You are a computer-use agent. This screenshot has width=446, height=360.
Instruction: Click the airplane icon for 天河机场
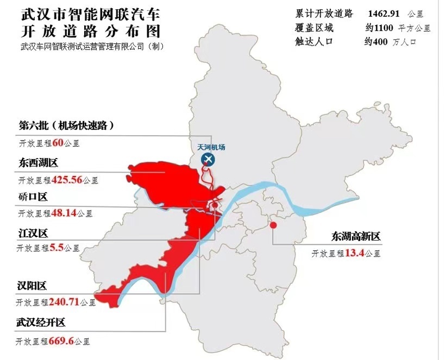208,159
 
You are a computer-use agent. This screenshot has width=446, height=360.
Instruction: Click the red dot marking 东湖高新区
273,225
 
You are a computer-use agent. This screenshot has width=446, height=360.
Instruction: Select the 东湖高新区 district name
356,237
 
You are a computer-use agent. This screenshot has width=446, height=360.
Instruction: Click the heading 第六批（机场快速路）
67,125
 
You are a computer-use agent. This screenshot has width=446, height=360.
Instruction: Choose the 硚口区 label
33,196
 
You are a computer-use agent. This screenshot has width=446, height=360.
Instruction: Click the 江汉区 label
33,233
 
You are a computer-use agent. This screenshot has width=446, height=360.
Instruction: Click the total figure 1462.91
387,13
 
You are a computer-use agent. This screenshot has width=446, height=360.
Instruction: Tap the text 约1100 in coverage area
379,27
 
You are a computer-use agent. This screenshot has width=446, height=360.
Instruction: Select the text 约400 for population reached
376,41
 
